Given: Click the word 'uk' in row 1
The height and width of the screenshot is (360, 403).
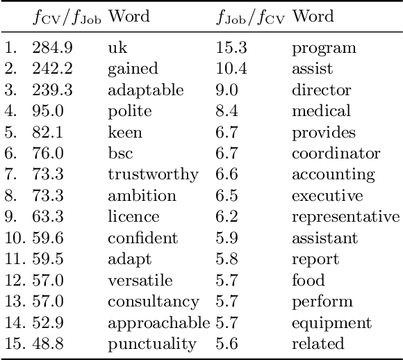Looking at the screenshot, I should [x=118, y=48].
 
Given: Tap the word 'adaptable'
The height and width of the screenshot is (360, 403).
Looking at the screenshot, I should [x=145, y=90].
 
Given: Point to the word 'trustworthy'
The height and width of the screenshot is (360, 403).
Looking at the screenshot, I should [x=153, y=174].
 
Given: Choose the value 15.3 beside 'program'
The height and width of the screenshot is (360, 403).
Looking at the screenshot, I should [x=229, y=48].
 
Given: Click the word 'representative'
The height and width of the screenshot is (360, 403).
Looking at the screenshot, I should [x=346, y=217].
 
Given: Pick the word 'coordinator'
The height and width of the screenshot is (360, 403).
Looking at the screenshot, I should [x=336, y=154].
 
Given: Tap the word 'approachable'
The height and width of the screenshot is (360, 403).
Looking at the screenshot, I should [x=158, y=322].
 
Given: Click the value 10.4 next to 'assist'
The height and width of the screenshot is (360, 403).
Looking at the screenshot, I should [x=229, y=69].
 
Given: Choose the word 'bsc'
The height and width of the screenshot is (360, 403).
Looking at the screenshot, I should [x=120, y=154].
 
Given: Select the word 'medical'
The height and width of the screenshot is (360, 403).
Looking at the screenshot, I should [x=321, y=111].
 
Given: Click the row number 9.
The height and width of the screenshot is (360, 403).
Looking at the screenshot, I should [x=10, y=217].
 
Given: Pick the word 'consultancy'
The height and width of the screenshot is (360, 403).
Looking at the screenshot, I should [x=153, y=302].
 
